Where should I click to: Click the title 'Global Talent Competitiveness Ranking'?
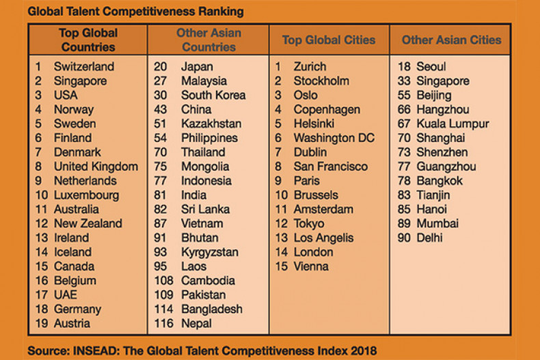click(x=135, y=12)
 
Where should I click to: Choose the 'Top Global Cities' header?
click(x=329, y=40)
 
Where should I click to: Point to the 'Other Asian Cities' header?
click(x=451, y=40)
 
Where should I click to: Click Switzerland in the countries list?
click(x=84, y=67)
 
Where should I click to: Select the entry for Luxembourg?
click(x=86, y=195)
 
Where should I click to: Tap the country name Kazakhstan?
click(x=211, y=124)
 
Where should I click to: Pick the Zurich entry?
click(x=310, y=67)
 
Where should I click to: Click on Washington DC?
click(x=334, y=138)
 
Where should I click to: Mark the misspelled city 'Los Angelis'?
click(x=323, y=238)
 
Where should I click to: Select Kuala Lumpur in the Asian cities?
click(x=452, y=124)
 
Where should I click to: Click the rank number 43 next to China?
click(x=161, y=110)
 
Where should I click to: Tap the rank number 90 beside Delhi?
click(x=405, y=238)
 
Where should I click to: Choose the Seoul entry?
click(x=431, y=67)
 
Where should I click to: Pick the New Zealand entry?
click(x=88, y=223)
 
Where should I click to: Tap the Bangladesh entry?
click(x=212, y=309)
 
